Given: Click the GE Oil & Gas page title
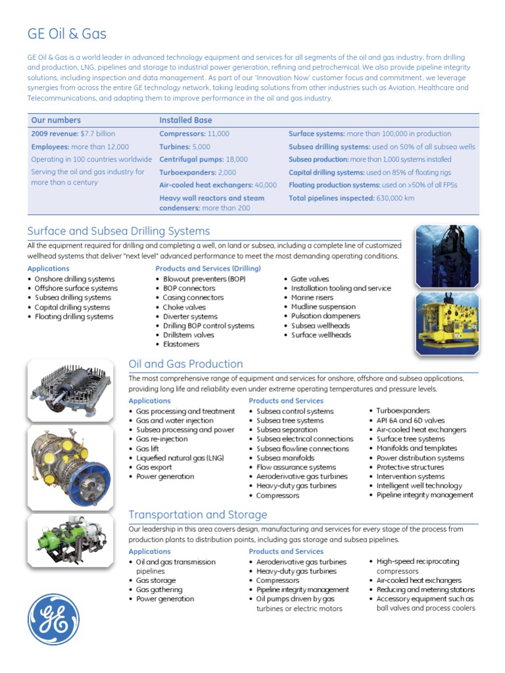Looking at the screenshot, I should click(66, 34).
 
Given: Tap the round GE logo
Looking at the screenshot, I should click(53, 619).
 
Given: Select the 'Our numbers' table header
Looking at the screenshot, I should click(56, 120).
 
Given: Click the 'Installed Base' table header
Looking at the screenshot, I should click(185, 120).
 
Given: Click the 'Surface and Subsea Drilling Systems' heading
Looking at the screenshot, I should click(118, 231).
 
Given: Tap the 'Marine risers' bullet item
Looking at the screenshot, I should click(314, 297).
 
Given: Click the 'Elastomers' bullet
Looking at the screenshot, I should click(181, 344).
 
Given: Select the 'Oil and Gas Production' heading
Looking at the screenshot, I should click(185, 364).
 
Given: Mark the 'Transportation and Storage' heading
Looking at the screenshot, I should click(197, 515).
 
